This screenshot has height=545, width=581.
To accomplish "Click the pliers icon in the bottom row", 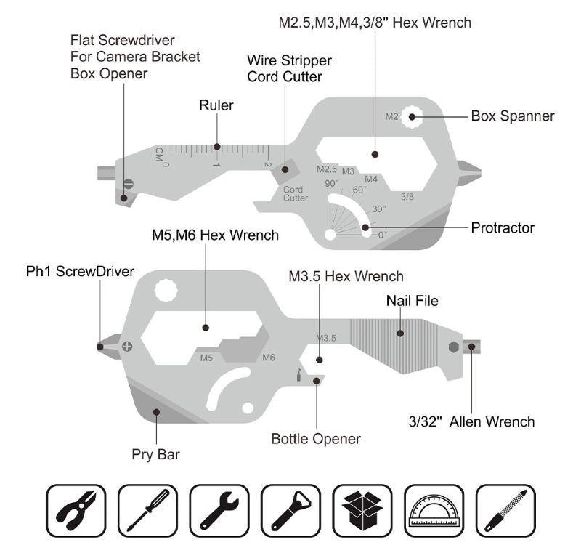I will [76, 508].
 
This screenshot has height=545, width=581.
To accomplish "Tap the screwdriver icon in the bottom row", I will [148, 508].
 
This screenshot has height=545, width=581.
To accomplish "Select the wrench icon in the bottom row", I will [219, 508].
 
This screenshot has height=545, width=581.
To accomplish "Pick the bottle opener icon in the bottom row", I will [290, 508].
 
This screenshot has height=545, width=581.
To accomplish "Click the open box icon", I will [362, 508].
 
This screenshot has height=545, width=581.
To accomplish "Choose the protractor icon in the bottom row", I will [434, 508].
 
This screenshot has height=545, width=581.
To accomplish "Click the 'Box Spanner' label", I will [512, 116].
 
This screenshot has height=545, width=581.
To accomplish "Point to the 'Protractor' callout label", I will [503, 227].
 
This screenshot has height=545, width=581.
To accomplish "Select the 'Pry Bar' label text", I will [155, 455].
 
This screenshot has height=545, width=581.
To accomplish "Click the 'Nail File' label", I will [412, 300].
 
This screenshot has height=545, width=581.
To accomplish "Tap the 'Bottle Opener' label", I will [316, 438].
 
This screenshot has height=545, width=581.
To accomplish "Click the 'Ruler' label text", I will [216, 105].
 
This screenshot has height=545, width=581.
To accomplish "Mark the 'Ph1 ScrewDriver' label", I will [81, 271].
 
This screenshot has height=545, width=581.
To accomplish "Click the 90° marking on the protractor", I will [332, 183].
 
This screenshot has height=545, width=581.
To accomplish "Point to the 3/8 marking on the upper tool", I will [407, 196].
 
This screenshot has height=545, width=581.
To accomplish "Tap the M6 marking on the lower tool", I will [269, 358].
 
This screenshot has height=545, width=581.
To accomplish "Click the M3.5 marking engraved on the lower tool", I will [326, 338].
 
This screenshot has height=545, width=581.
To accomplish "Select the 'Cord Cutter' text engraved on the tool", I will [296, 193].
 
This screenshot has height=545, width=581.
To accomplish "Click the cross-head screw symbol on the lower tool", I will [128, 346].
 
